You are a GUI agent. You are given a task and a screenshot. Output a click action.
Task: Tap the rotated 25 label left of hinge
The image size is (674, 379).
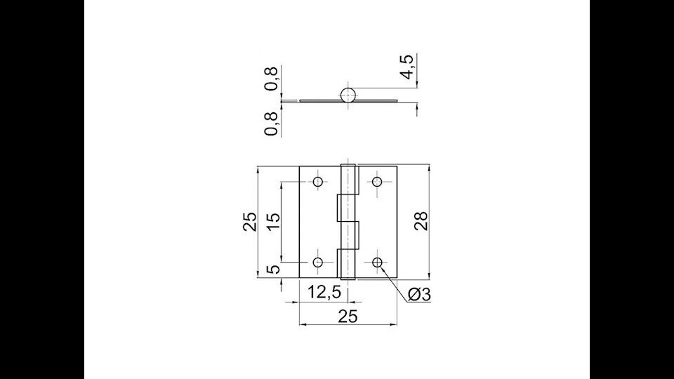click(x=250, y=222)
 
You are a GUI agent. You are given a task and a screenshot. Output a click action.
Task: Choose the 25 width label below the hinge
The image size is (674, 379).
click(x=348, y=317)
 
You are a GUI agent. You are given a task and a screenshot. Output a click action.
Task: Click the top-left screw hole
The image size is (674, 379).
click(x=318, y=182)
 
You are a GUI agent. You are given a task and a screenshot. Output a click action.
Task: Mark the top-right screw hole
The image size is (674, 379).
click(x=378, y=182)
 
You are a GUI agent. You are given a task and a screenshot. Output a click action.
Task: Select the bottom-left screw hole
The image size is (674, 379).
click(x=318, y=262)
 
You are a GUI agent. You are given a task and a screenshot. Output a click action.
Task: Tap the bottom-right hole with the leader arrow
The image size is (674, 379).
click(x=378, y=262)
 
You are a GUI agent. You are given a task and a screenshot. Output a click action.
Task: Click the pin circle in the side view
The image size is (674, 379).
click(x=348, y=95)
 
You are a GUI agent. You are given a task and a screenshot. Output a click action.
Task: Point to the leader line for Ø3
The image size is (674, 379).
click(x=395, y=283)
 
